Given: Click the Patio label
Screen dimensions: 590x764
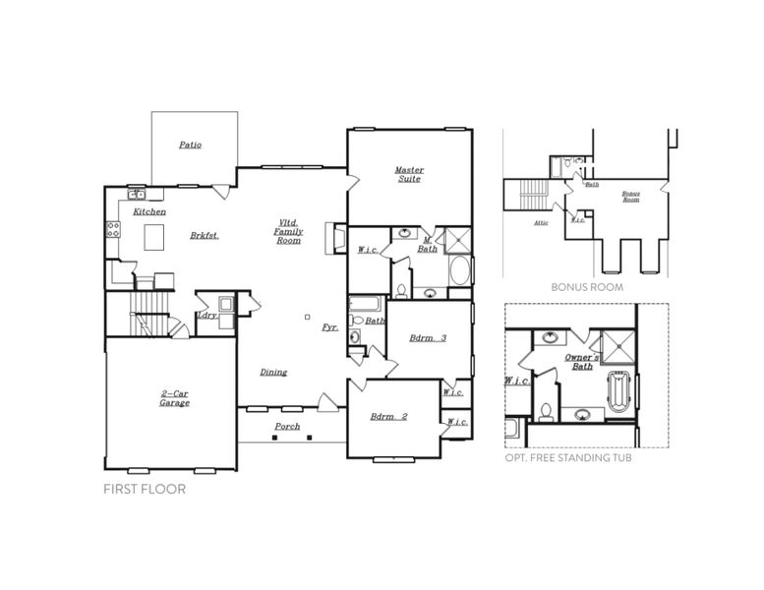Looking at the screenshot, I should (x=191, y=145).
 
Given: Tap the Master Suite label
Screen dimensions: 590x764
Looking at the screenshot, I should (x=409, y=173).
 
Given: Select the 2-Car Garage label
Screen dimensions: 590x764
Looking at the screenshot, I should (x=175, y=398).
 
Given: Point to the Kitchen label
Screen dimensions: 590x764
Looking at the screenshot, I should (x=149, y=211).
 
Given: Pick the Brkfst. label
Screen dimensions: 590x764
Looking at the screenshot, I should (x=204, y=235).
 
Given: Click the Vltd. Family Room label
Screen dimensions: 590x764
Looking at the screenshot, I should (x=288, y=231).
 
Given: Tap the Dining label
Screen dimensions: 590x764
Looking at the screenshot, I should (x=273, y=372).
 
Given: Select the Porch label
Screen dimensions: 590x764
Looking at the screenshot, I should (x=287, y=426).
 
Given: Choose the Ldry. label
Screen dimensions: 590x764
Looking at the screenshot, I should (x=207, y=315).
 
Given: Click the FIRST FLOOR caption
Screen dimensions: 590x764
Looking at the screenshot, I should (x=145, y=488).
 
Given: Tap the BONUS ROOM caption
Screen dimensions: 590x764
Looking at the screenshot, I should (x=586, y=287).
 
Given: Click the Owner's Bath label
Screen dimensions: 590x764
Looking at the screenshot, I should (x=584, y=361).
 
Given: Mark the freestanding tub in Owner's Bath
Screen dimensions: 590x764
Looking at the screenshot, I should (x=618, y=392).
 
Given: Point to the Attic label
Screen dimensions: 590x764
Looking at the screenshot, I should (x=541, y=222).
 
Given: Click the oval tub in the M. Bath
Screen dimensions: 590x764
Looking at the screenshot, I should (x=460, y=270).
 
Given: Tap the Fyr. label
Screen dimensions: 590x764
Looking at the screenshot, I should (x=330, y=326).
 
